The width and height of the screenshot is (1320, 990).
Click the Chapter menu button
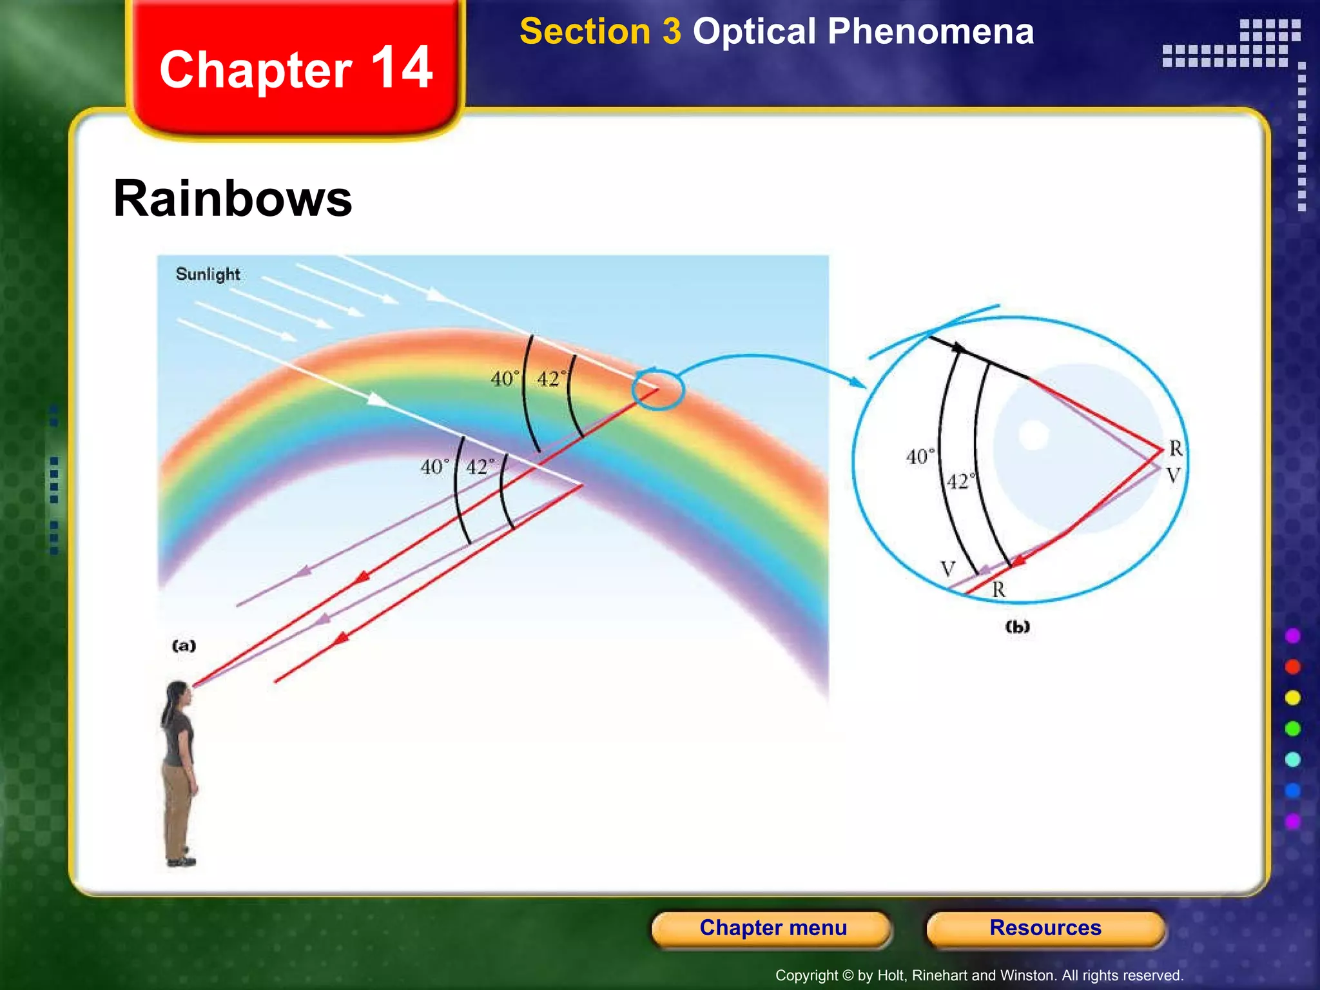click(772, 927)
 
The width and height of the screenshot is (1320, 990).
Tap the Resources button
click(1045, 927)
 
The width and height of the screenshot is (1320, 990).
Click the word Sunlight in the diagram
click(208, 274)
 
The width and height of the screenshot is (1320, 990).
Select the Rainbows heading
click(233, 199)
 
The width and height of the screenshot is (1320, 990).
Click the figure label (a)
click(184, 645)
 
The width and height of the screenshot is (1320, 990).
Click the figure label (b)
click(1017, 626)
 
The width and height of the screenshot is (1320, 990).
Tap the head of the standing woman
click(179, 694)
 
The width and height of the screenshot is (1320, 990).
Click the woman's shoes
click(181, 860)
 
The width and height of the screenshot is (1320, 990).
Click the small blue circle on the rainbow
click(657, 389)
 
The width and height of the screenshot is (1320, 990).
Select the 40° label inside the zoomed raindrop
click(920, 456)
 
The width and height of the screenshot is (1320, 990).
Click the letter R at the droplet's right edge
click(1176, 448)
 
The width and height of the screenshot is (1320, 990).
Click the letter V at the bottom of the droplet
click(947, 568)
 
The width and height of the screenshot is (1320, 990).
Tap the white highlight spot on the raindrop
click(1034, 434)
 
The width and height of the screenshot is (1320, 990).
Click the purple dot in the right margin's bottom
click(1293, 821)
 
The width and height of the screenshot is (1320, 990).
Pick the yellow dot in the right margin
click(1293, 697)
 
